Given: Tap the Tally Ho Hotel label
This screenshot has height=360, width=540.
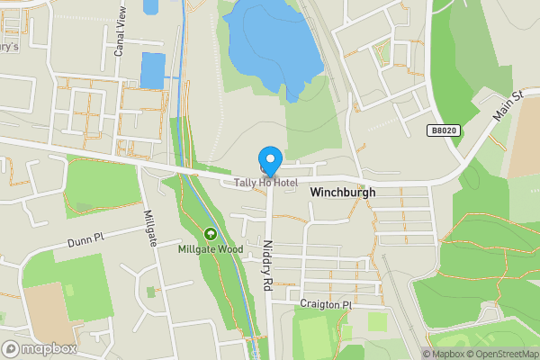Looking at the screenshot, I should pyautogui.click(x=265, y=183).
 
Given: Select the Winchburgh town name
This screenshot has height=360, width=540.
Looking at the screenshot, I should pyautogui.click(x=342, y=193).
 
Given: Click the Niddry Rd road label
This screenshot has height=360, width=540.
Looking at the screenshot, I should pyautogui.click(x=267, y=263).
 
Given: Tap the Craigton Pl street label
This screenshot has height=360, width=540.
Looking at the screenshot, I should pyautogui.click(x=326, y=305).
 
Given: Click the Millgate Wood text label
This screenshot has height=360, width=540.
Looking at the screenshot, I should pyautogui.click(x=210, y=249).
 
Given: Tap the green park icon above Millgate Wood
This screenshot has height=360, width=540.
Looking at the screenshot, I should pyautogui.click(x=211, y=234).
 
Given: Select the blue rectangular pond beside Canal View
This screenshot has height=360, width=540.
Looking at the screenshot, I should pyautogui.click(x=153, y=69).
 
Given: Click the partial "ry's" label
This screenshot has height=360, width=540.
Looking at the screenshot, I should pyautogui.click(x=9, y=48).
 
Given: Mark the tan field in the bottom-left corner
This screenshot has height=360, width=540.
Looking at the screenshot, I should pyautogui.click(x=45, y=310).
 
